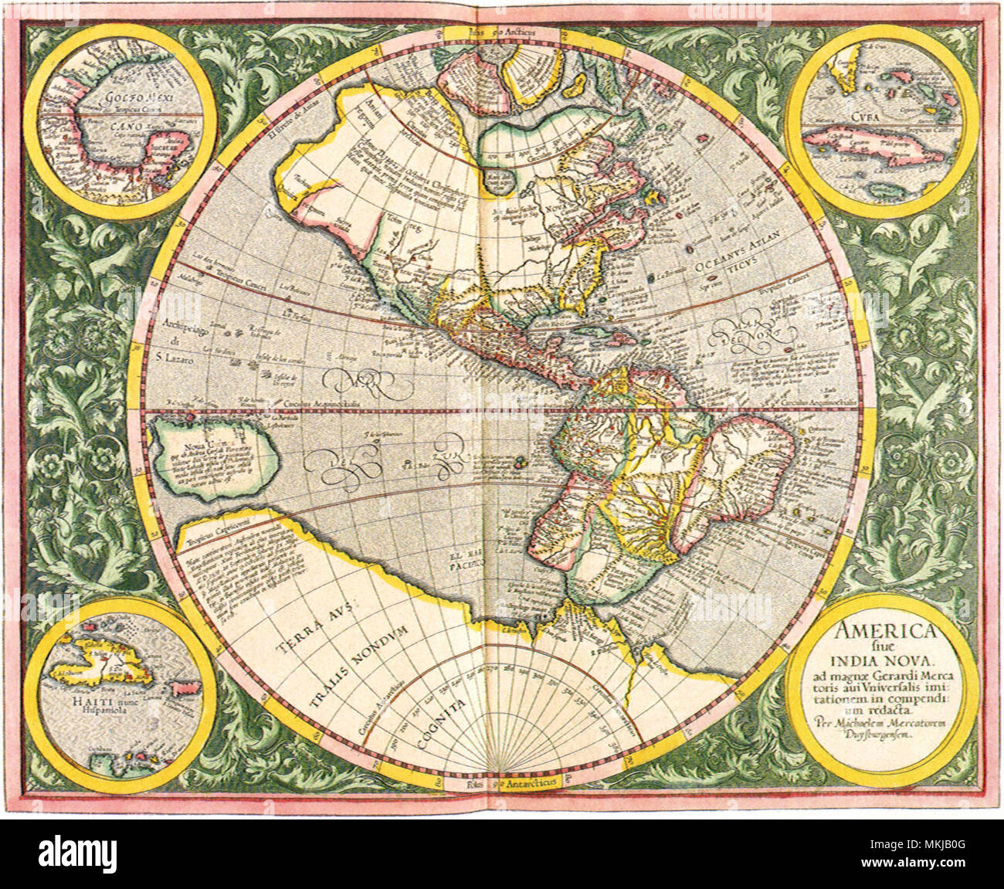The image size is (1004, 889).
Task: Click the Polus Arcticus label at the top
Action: pos(501,33)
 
